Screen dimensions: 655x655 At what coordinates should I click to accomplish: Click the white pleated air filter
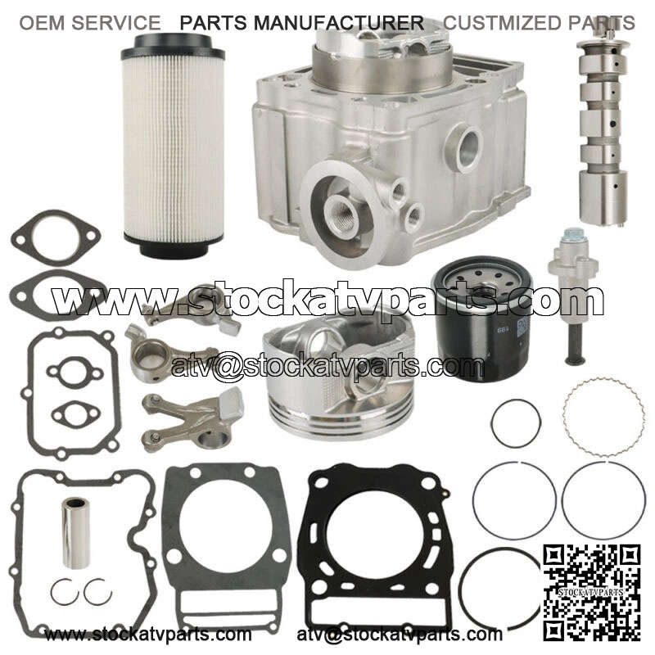[x=174, y=147]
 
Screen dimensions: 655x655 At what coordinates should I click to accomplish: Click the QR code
[x=591, y=592]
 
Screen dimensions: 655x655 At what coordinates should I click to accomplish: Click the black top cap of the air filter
[x=173, y=47]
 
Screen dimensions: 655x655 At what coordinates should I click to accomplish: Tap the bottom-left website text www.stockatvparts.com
[x=148, y=635]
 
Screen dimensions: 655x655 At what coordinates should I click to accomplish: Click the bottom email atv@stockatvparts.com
[x=400, y=635]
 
